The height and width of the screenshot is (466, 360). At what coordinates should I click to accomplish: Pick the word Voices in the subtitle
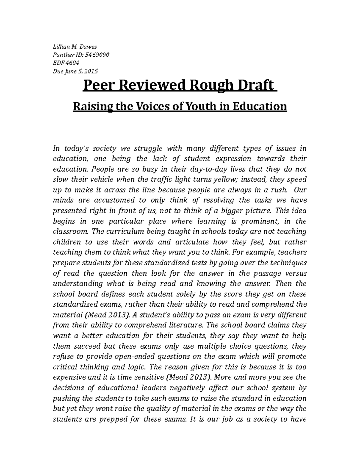(155, 106)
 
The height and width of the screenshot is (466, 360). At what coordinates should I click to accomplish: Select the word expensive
(67, 377)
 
